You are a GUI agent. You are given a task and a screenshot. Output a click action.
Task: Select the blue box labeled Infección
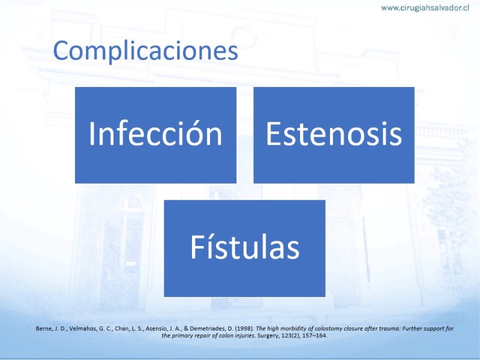point(155,135)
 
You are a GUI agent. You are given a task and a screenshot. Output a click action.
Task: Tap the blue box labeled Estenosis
point(334,135)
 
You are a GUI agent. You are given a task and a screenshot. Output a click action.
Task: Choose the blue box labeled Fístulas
point(245,248)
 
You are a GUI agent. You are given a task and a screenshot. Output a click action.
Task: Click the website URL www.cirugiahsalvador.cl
point(425,8)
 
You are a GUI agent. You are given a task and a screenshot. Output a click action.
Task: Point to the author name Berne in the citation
point(44,329)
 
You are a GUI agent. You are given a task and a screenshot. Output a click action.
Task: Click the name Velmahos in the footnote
point(81,329)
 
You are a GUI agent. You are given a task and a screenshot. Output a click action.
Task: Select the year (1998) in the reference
point(244,329)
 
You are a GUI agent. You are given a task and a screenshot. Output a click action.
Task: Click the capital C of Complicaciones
point(62,50)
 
